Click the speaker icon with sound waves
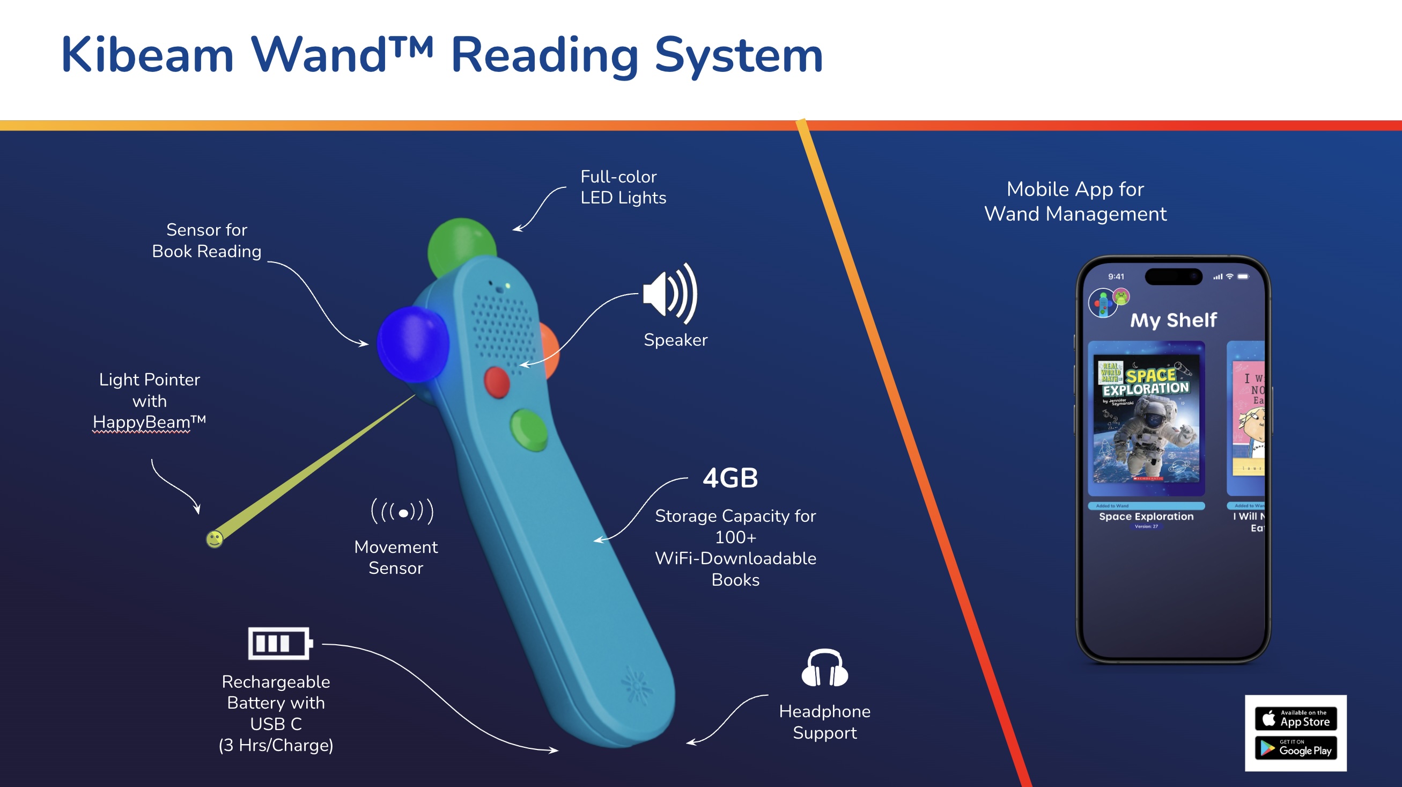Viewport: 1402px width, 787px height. click(x=669, y=294)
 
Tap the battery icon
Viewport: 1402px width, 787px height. click(x=280, y=643)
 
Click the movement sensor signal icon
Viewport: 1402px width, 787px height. click(x=402, y=512)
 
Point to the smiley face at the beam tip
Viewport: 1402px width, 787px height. click(x=215, y=539)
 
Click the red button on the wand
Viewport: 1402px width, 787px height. click(x=496, y=382)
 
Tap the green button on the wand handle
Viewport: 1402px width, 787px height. click(x=528, y=429)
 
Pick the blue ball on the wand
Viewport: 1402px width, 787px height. click(x=412, y=344)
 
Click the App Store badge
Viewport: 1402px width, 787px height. click(x=1295, y=719)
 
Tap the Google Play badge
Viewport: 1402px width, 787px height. click(x=1295, y=748)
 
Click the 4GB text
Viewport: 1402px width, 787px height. click(x=730, y=478)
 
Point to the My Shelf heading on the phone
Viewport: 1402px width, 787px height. click(x=1173, y=320)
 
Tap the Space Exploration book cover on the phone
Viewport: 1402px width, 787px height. click(x=1146, y=418)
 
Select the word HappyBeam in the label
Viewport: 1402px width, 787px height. click(x=142, y=422)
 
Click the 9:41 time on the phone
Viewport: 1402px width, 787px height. click(x=1116, y=276)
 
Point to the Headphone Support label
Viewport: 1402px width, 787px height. click(x=824, y=722)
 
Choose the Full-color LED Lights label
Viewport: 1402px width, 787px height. click(x=623, y=187)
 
